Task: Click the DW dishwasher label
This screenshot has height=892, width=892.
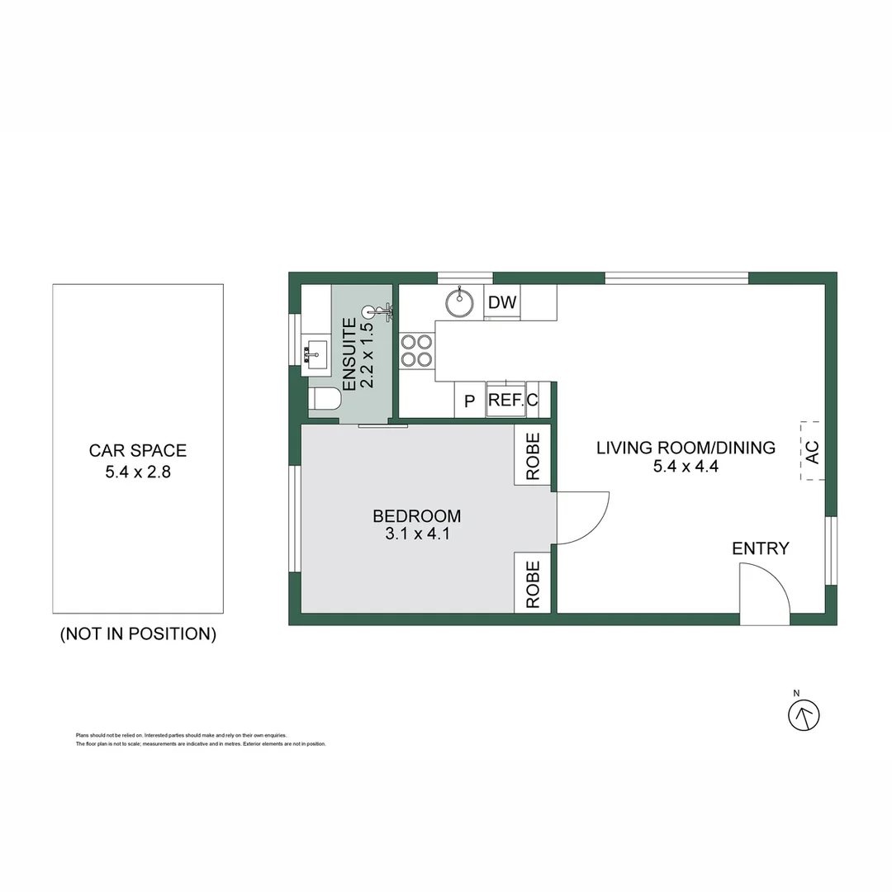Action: coord(502,302)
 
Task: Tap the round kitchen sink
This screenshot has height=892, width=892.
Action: coord(460,302)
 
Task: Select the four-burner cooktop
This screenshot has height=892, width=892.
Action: coord(417,349)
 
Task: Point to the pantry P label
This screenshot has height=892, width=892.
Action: coord(469,401)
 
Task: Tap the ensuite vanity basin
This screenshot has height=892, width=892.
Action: coord(315,353)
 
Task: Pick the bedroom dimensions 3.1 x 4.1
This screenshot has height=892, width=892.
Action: coord(416,535)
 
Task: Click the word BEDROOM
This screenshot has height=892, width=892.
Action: coord(416,516)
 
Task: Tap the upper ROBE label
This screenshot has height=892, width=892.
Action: coord(534,457)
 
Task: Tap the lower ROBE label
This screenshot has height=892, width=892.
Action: coord(534,585)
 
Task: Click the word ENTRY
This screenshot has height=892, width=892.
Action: coord(760,548)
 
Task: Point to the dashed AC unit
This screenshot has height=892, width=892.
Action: coord(812,452)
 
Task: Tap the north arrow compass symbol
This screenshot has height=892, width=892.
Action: coord(804,714)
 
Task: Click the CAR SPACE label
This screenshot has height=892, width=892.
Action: coord(138,451)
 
